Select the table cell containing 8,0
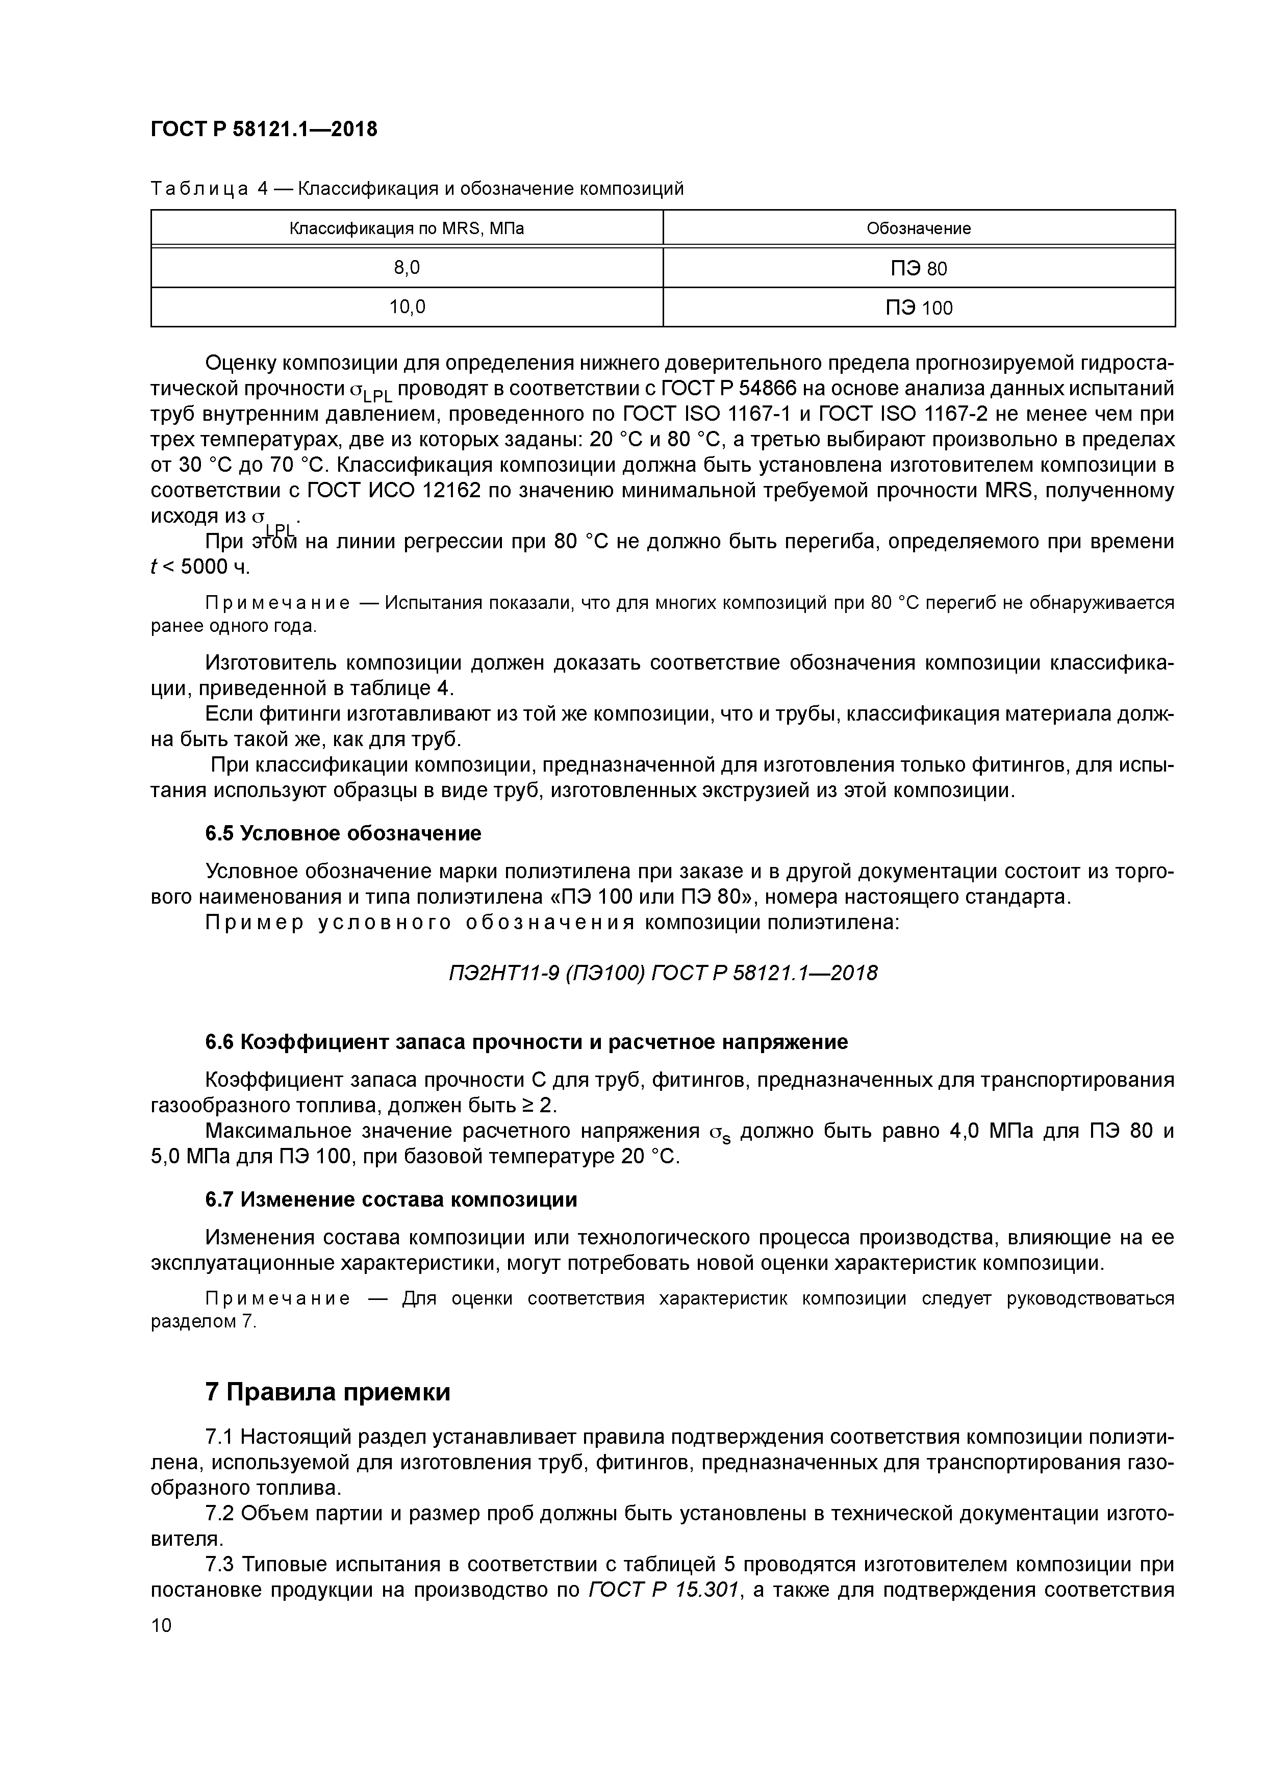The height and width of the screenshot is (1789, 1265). pos(406,268)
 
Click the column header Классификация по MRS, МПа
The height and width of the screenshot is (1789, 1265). pos(406,228)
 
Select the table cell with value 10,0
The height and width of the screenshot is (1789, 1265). pos(406,307)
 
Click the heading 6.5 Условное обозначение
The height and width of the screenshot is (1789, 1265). pos(343,834)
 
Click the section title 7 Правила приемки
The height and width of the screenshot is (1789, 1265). pos(327,1392)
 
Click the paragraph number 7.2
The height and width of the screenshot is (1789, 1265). pos(220,1513)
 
